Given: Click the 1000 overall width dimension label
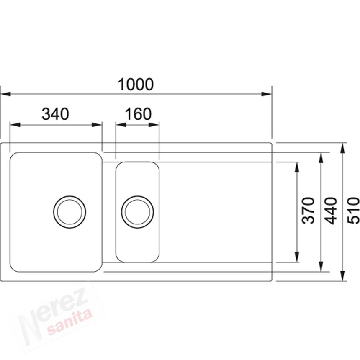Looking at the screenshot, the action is click(x=136, y=84).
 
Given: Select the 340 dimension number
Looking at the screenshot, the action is click(x=55, y=114).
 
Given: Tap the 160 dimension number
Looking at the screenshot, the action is click(x=138, y=114).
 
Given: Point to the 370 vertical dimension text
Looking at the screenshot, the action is click(x=308, y=211).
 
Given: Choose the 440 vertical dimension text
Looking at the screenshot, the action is click(x=331, y=211).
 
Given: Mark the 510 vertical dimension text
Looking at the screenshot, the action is click(x=353, y=211).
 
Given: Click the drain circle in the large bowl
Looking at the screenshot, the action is click(x=69, y=212).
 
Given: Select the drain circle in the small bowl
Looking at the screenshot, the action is click(x=138, y=212).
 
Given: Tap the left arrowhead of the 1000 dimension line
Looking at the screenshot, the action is click(x=5, y=94).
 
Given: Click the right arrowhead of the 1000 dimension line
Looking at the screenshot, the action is click(x=267, y=94).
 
